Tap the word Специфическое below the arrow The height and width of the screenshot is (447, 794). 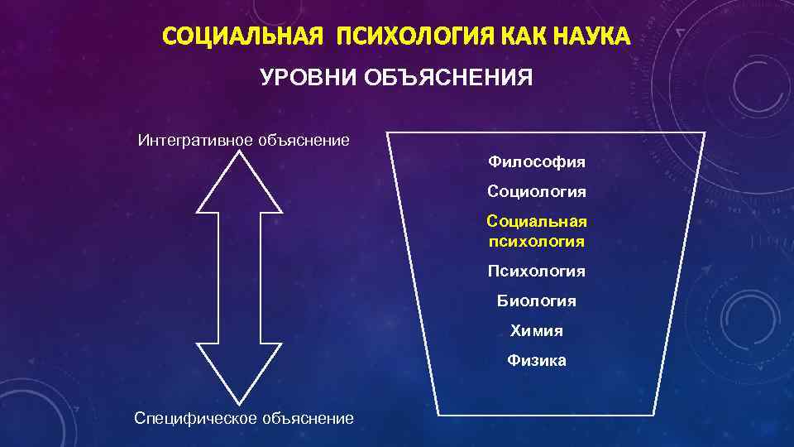[194, 419]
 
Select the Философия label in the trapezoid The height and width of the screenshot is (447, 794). [537, 161]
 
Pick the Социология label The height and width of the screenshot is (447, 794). [537, 191]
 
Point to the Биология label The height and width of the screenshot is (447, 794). [537, 301]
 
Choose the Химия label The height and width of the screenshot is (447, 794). [537, 330]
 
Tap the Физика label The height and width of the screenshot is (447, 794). [537, 360]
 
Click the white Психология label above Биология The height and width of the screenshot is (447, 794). [537, 272]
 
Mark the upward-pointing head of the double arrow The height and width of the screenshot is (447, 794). [238, 182]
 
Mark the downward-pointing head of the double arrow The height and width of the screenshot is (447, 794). [238, 372]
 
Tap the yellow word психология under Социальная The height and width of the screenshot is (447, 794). [537, 242]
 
